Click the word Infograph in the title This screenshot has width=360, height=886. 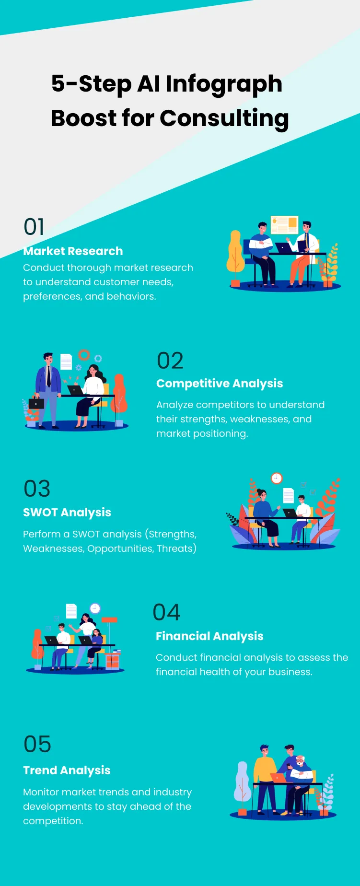tap(223, 84)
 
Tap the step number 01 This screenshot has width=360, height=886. tap(34, 227)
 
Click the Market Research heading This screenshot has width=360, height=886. tap(73, 251)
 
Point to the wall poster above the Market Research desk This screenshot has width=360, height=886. tap(285, 224)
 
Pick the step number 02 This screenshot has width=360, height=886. tap(170, 361)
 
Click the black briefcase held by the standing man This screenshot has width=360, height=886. tap(36, 403)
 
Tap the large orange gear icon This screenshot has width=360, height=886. tap(84, 355)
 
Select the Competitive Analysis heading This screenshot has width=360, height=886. tap(220, 384)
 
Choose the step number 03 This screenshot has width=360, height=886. tap(37, 489)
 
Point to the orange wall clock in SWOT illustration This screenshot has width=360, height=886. tap(277, 478)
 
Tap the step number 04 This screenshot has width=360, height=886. tap(166, 613)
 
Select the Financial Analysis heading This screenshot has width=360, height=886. tap(209, 636)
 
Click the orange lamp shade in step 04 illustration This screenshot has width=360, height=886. tap(109, 620)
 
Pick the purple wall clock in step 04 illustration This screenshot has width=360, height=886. tap(95, 608)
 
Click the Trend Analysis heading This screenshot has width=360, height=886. tap(67, 770)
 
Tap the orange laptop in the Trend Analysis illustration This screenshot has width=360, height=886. tap(279, 777)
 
